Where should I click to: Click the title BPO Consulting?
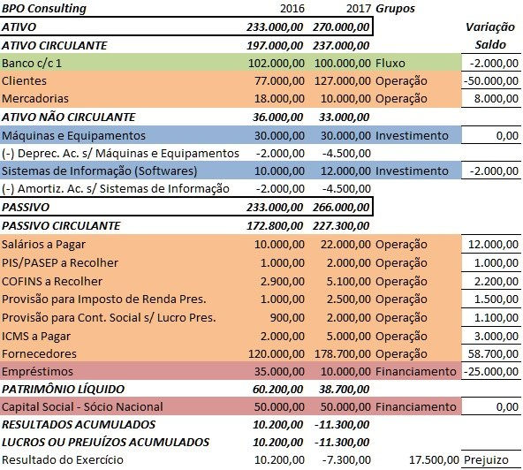(45, 9)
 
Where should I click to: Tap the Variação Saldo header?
(490, 35)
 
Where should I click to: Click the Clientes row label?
(25, 80)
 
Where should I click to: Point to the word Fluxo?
(390, 63)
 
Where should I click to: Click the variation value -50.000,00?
(489, 80)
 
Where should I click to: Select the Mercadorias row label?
(35, 98)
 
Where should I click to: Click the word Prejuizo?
(496, 460)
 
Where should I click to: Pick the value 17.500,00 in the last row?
(434, 460)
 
